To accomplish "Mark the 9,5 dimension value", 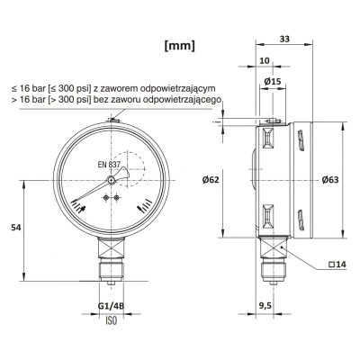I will (266, 306).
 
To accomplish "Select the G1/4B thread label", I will (110, 306).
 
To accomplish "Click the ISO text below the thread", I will (111, 321).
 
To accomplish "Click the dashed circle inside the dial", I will (130, 167).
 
